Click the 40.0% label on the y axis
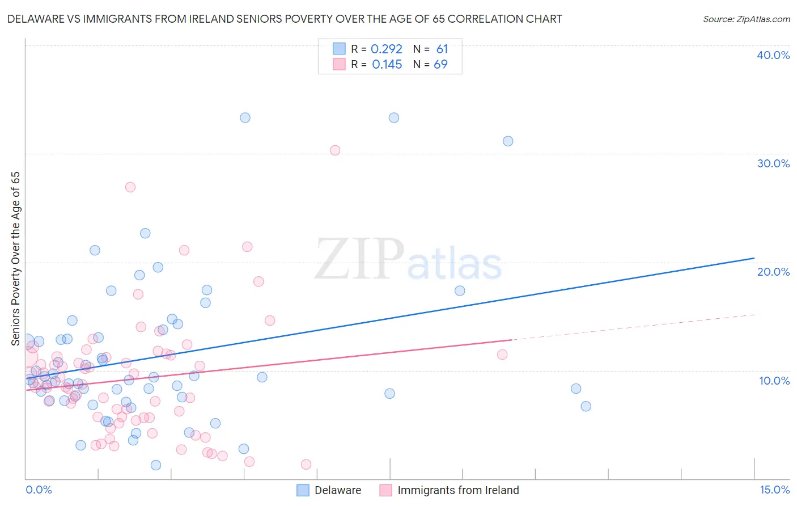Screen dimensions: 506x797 773,55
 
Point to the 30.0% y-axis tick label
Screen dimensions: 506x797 773,163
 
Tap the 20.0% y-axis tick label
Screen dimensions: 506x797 773,272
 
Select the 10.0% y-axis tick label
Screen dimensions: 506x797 774,381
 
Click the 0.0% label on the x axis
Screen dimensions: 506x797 39,490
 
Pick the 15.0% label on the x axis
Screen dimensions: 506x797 774,490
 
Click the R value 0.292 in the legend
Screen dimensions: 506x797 386,49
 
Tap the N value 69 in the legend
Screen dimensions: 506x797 440,65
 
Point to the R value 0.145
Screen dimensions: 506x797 387,65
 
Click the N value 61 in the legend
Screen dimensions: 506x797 442,49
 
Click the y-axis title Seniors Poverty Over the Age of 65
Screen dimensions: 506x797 15,259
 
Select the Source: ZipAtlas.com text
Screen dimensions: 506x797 746,19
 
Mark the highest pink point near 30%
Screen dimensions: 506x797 335,150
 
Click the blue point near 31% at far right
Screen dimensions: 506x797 508,141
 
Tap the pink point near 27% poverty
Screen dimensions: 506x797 130,187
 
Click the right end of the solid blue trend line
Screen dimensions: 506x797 754,258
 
